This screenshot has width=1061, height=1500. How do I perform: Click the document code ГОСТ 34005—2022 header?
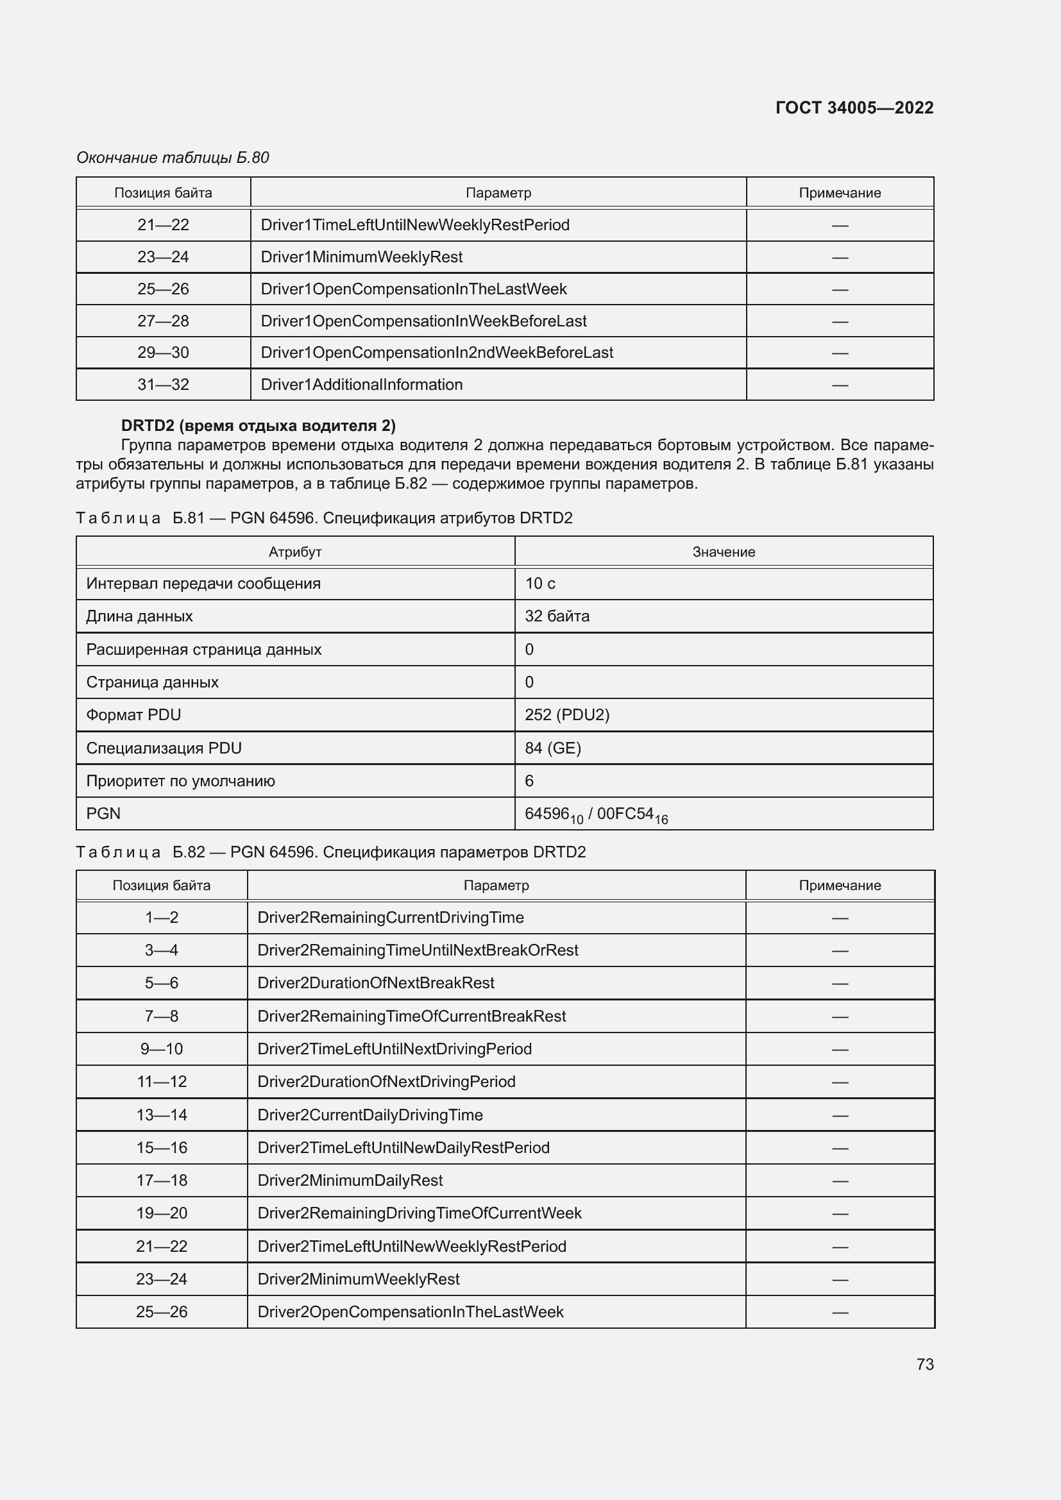pyautogui.click(x=854, y=108)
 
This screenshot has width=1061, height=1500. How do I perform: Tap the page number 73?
pyautogui.click(x=924, y=1364)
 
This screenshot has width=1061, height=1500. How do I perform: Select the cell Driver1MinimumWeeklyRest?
pyautogui.click(x=361, y=257)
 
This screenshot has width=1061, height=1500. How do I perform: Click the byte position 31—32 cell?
pyautogui.click(x=164, y=385)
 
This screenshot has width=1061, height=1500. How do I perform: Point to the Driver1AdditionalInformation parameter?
pyautogui.click(x=361, y=385)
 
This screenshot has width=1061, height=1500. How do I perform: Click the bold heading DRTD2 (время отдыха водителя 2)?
pyautogui.click(x=258, y=426)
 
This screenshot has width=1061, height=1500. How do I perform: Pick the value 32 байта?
pyautogui.click(x=557, y=616)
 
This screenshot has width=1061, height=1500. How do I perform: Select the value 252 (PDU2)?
pyautogui.click(x=566, y=714)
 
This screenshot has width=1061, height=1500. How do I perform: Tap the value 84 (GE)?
pyautogui.click(x=553, y=748)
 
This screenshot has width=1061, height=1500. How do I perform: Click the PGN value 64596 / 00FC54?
pyautogui.click(x=596, y=814)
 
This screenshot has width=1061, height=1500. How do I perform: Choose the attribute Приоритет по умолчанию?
pyautogui.click(x=180, y=780)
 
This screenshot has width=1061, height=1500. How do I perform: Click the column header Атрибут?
pyautogui.click(x=294, y=552)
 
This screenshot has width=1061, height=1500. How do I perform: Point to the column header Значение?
pyautogui.click(x=723, y=552)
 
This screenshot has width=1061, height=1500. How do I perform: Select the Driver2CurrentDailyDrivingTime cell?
pyautogui.click(x=369, y=1115)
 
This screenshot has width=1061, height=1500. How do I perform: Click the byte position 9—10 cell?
pyautogui.click(x=162, y=1049)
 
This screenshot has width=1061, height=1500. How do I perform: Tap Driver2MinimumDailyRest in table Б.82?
pyautogui.click(x=350, y=1180)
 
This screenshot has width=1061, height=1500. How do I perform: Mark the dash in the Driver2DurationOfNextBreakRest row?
pyautogui.click(x=840, y=983)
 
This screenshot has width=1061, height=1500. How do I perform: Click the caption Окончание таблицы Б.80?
pyautogui.click(x=173, y=158)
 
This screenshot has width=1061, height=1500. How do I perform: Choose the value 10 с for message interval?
pyautogui.click(x=539, y=584)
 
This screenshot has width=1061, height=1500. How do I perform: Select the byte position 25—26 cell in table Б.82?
pyautogui.click(x=162, y=1311)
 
